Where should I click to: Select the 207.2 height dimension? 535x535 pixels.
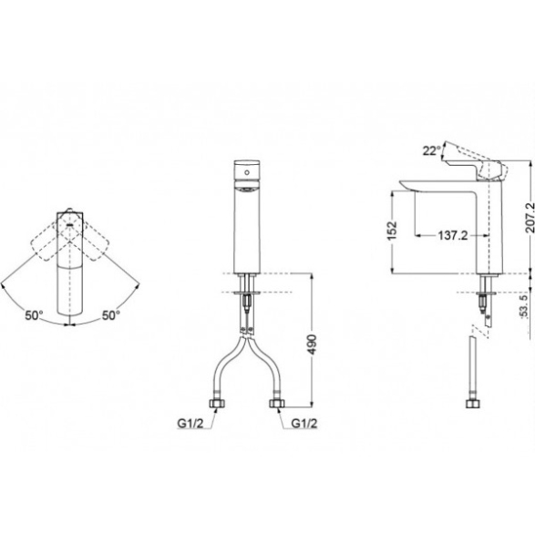pyautogui.click(x=530, y=218)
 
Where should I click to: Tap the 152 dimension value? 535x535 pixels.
pyautogui.click(x=393, y=231)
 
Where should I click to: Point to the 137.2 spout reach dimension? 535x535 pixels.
pyautogui.click(x=452, y=235)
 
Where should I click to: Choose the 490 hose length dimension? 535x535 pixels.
pyautogui.click(x=312, y=345)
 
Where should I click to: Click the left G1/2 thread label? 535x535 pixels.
pyautogui.click(x=190, y=424)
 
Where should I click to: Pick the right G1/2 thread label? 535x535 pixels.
pyautogui.click(x=304, y=424)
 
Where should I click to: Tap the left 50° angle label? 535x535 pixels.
pyautogui.click(x=34, y=315)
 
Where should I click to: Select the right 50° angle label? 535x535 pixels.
pyautogui.click(x=111, y=315)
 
